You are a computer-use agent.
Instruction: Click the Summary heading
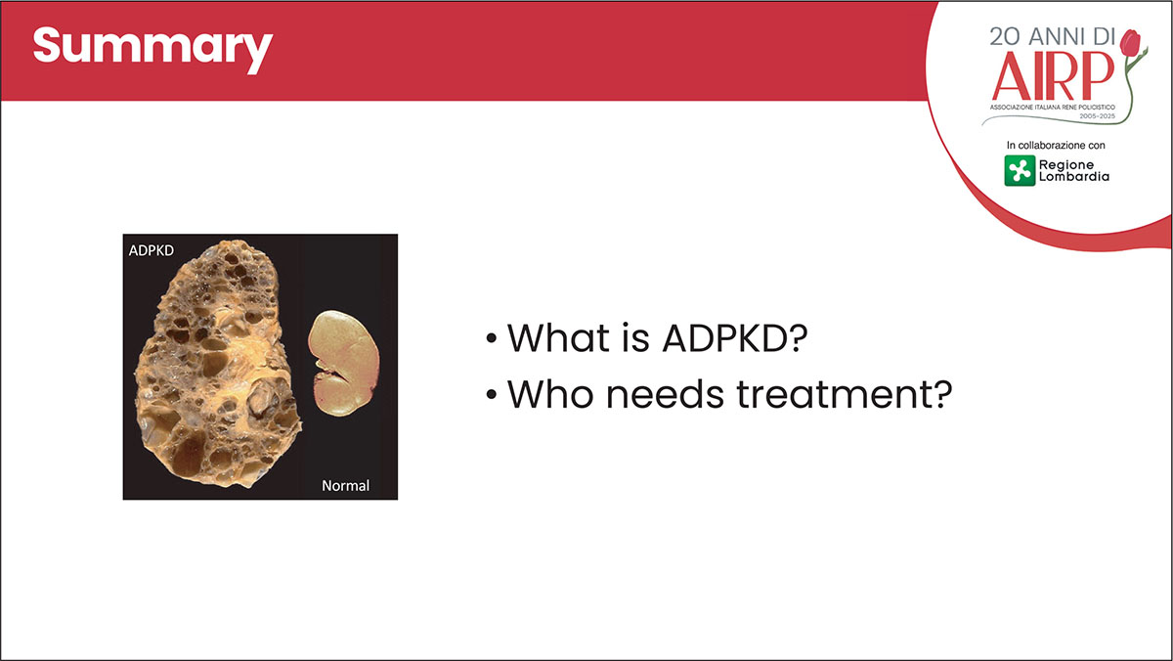[152, 50]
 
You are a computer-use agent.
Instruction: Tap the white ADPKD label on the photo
[152, 251]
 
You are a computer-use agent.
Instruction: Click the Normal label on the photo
[346, 486]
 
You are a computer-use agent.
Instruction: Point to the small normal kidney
[343, 363]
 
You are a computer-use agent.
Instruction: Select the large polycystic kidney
[217, 364]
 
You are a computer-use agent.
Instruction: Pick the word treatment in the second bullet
[845, 394]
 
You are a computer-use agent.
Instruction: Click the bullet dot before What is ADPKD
[491, 338]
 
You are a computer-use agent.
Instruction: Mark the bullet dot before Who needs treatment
[491, 394]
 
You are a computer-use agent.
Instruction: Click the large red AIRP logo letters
[1053, 75]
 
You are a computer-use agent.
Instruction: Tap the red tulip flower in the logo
[1130, 42]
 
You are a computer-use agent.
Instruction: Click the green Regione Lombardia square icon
[1020, 170]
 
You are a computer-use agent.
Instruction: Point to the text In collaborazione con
[1056, 145]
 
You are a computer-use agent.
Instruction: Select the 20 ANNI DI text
[1053, 36]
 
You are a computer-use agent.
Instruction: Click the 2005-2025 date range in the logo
[1098, 116]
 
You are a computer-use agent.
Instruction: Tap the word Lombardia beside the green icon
[1074, 177]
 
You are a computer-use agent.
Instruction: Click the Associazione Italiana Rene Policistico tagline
[1053, 108]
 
